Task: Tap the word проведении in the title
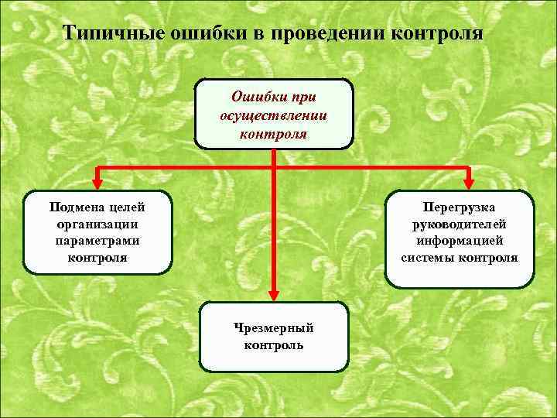coord(323,35)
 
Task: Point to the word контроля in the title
coord(438,35)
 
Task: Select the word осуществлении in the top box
coord(273,116)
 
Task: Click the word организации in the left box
coord(97,224)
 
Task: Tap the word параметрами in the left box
coord(97,241)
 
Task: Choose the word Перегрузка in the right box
coord(460,207)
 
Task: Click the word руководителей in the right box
coord(460,224)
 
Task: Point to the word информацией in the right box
coord(460,241)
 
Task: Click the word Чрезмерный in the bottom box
coord(274,327)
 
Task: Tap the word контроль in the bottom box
coord(274,345)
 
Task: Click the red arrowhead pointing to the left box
coord(97,183)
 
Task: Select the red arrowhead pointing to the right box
coord(467,183)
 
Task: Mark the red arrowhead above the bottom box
coord(274,293)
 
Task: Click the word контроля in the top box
coord(273,133)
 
